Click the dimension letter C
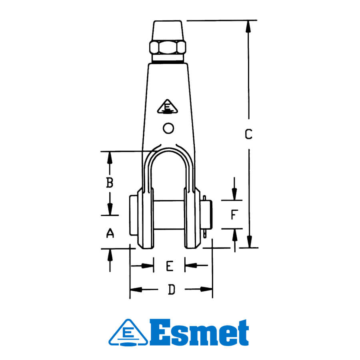click(248, 134)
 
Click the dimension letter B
click(110, 183)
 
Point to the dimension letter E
click(169, 266)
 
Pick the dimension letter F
click(234, 215)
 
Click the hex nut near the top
click(168, 48)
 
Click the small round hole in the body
click(168, 128)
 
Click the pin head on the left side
click(133, 216)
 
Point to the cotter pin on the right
click(206, 216)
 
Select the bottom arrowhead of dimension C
click(249, 242)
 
